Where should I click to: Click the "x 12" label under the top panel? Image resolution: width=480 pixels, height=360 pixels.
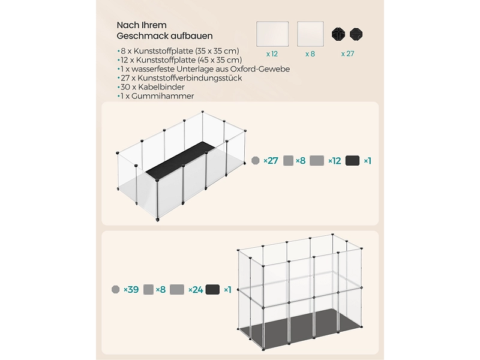pos(272,53)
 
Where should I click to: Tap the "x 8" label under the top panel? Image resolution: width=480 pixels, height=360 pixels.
pos(310,53)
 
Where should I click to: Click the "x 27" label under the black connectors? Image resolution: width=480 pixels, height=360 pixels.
pos(347,53)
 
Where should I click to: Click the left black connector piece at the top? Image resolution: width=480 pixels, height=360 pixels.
pos(339,35)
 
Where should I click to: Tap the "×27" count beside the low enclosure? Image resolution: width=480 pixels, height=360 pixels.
pos(271,161)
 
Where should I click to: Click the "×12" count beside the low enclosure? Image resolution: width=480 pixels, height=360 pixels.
pos(335,161)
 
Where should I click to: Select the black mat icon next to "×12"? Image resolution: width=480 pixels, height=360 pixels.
pos(353,160)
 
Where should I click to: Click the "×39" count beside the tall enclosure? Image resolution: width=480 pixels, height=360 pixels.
pos(131,289)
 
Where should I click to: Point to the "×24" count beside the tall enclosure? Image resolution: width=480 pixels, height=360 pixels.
pos(195,289)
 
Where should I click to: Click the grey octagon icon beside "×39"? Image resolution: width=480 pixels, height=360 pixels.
pos(116,289)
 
